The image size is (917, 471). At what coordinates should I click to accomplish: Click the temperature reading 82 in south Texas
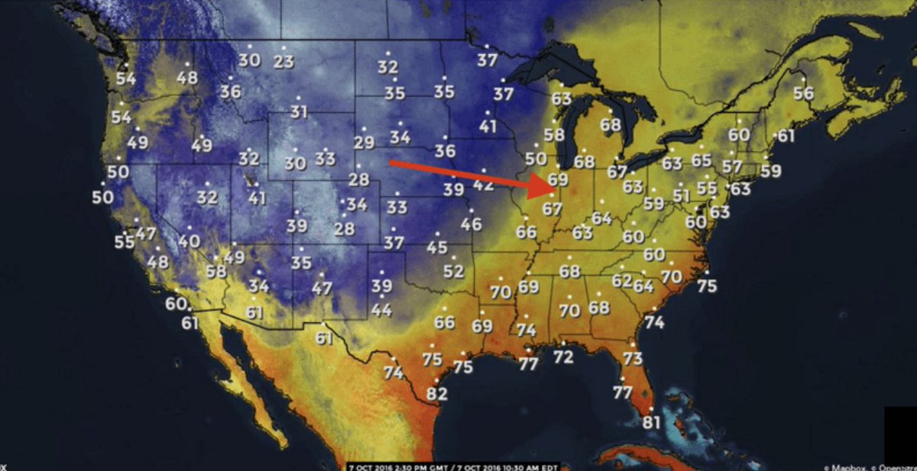click(x=437, y=394)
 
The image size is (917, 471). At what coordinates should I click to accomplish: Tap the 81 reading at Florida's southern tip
click(x=652, y=422)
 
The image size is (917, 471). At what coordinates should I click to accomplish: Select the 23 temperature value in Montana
click(x=284, y=62)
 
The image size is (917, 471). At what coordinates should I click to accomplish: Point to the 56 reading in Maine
click(x=803, y=93)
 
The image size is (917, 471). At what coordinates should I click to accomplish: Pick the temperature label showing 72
click(x=563, y=356)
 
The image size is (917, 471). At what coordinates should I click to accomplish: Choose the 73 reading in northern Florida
click(x=633, y=358)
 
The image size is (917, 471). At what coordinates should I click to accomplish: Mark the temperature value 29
click(x=364, y=143)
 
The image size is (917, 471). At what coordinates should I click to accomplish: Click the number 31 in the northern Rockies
click(x=299, y=112)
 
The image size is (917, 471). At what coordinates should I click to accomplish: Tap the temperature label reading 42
click(x=484, y=185)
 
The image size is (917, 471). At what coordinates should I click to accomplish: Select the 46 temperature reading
click(x=471, y=224)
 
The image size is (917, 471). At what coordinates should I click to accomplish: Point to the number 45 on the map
click(x=437, y=247)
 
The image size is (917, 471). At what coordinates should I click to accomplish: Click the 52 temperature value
click(x=453, y=271)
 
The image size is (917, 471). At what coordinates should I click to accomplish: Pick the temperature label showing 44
click(x=381, y=311)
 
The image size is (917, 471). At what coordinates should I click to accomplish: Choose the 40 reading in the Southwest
click(x=189, y=241)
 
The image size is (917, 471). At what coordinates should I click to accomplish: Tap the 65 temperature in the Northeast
click(x=702, y=160)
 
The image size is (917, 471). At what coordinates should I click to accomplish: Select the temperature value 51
click(x=682, y=196)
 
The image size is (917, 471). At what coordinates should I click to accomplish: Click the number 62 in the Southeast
click(x=622, y=281)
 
